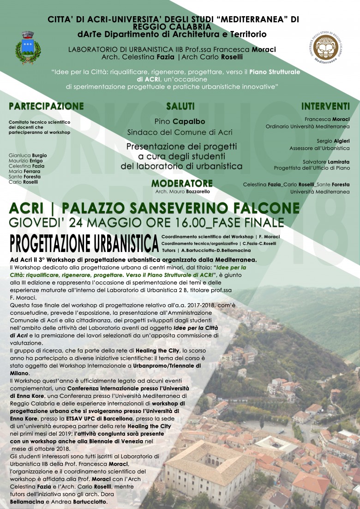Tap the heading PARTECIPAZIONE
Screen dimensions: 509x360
pos(46,106)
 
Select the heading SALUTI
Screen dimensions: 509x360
pos(180,106)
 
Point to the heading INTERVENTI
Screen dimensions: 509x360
pos(325,106)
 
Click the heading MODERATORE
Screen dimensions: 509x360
pos(182,183)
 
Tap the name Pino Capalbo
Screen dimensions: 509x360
pos(180,122)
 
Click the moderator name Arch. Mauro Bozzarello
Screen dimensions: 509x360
pos(182,191)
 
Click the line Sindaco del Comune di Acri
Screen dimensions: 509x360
pos(180,132)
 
